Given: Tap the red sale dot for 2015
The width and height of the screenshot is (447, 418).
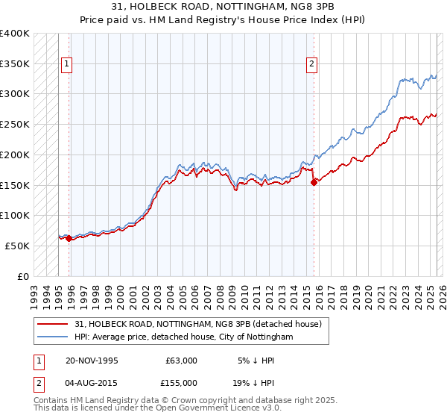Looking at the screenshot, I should pyautogui.click(x=314, y=181).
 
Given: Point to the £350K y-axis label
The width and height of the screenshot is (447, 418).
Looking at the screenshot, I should pyautogui.click(x=14, y=64).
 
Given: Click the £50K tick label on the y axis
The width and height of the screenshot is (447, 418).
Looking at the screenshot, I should pyautogui.click(x=17, y=246).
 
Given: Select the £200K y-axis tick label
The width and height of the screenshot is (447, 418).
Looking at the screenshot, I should pyautogui.click(x=14, y=155).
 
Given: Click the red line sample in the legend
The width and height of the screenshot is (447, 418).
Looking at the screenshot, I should pyautogui.click(x=53, y=324).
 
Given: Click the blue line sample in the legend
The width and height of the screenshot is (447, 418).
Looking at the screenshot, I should pyautogui.click(x=53, y=337).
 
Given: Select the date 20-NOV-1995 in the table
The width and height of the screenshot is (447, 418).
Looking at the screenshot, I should pyautogui.click(x=92, y=361).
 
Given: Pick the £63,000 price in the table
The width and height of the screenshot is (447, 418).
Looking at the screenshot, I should pyautogui.click(x=180, y=361).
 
